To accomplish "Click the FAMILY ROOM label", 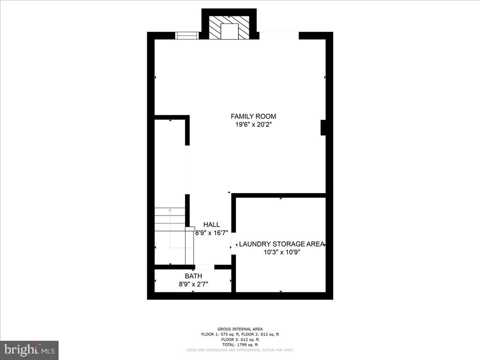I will click(x=253, y=116).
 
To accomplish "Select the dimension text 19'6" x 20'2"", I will click(x=253, y=125).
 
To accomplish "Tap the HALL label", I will click(x=211, y=225).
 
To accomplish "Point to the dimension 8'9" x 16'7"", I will click(x=211, y=233).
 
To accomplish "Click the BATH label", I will click(x=193, y=276).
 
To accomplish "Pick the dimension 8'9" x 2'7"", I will click(x=193, y=284).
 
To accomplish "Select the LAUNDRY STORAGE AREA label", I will click(x=281, y=244).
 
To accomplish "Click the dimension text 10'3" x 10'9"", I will click(x=281, y=252).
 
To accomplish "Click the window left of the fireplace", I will click(x=187, y=36).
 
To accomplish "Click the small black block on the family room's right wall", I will click(x=323, y=128).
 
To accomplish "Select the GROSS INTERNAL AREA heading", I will click(x=240, y=329).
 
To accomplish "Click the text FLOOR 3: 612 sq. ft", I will click(x=240, y=339).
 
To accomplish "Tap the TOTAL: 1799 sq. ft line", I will click(x=240, y=345).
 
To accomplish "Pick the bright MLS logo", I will click(x=29, y=350).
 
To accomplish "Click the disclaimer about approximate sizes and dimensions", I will click(x=240, y=350).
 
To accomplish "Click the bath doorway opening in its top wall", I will click(x=205, y=267).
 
